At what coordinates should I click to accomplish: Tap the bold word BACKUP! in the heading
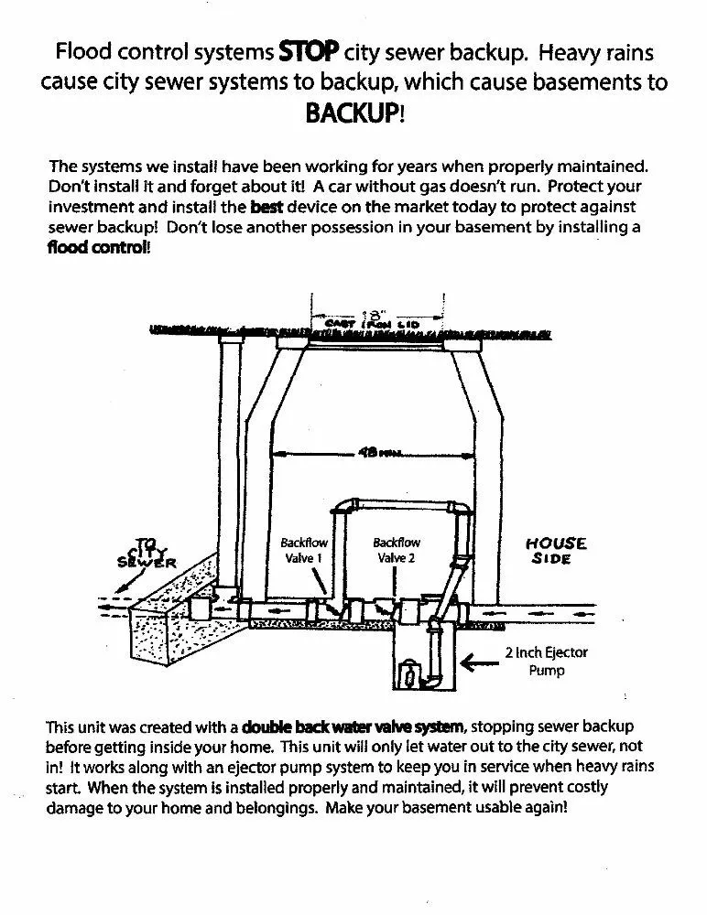click(x=353, y=113)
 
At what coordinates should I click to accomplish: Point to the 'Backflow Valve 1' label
click(x=302, y=550)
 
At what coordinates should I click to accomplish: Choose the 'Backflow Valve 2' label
click(x=396, y=550)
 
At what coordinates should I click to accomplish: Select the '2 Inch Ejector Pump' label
click(x=546, y=661)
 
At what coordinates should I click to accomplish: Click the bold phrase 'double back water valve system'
click(x=353, y=727)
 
